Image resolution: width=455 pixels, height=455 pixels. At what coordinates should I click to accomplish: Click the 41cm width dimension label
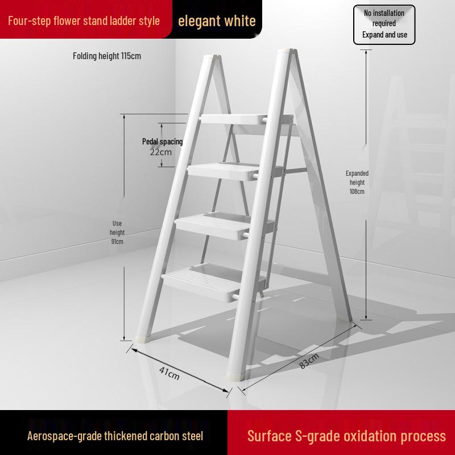pyautogui.click(x=169, y=374)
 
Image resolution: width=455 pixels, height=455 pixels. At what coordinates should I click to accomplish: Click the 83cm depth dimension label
pyautogui.click(x=309, y=361)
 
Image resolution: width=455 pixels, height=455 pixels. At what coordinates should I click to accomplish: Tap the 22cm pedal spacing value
pyautogui.click(x=161, y=152)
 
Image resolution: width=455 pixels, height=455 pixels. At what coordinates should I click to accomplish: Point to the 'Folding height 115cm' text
pyautogui.click(x=107, y=56)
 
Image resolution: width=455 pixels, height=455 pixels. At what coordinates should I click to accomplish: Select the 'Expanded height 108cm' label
pyautogui.click(x=357, y=182)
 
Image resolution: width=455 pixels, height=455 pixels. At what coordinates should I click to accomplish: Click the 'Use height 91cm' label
pyautogui.click(x=117, y=232)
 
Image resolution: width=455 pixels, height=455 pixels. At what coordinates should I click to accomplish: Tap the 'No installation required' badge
pyautogui.click(x=384, y=24)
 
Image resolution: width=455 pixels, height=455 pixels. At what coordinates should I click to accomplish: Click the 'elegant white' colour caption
pyautogui.click(x=217, y=21)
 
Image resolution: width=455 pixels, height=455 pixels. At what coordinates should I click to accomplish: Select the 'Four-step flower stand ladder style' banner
pyautogui.click(x=84, y=21)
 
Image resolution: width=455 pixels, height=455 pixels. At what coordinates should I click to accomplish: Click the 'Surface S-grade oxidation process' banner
pyautogui.click(x=346, y=436)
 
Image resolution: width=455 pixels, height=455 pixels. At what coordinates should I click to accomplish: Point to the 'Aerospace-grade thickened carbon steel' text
pyautogui.click(x=115, y=436)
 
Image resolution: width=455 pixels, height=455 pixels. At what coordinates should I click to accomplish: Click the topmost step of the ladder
pyautogui.click(x=233, y=119)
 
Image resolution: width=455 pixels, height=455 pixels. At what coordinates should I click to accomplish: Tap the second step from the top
pyautogui.click(x=224, y=170)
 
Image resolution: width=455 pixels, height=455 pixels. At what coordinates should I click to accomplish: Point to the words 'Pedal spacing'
pyautogui.click(x=162, y=142)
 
